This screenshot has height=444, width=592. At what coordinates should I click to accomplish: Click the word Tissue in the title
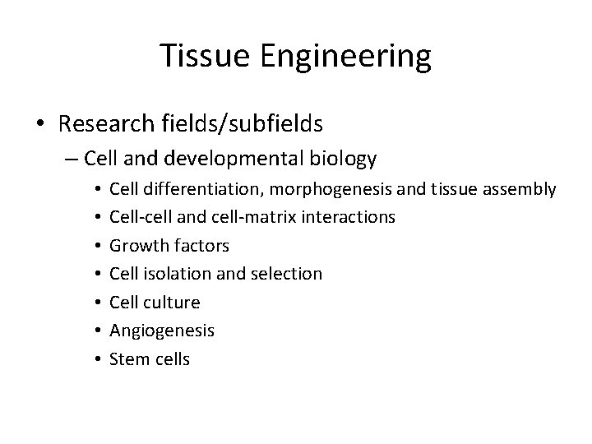[201, 57]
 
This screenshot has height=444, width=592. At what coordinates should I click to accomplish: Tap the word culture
[170, 303]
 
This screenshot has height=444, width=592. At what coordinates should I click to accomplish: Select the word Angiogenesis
[162, 331]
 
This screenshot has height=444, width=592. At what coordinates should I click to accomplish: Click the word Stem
[127, 358]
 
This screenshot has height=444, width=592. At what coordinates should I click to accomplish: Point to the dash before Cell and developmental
[72, 158]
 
